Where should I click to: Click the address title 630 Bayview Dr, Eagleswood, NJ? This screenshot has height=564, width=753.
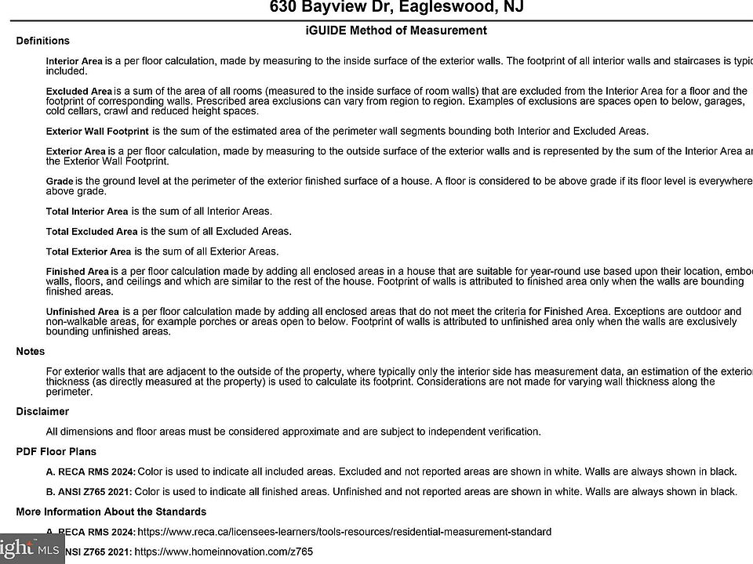(x=396, y=8)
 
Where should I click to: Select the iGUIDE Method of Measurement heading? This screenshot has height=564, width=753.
(x=396, y=31)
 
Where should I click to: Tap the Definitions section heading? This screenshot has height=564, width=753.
(x=42, y=41)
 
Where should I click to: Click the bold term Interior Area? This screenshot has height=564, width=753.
(x=75, y=61)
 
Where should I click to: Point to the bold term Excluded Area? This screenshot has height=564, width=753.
(x=78, y=92)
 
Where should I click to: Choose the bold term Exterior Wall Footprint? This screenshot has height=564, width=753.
(x=97, y=132)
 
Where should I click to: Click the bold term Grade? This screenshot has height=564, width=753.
(x=60, y=182)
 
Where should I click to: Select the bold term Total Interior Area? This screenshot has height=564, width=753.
(x=87, y=211)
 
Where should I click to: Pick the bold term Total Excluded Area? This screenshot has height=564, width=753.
(x=92, y=232)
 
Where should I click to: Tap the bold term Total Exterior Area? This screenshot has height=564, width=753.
(x=89, y=252)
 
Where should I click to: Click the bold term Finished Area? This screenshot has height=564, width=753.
(x=77, y=272)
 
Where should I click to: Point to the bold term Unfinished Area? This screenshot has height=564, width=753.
(x=82, y=312)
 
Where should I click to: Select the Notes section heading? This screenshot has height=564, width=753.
(x=31, y=352)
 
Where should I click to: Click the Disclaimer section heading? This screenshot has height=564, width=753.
(x=42, y=411)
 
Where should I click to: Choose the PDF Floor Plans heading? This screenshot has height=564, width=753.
(x=56, y=452)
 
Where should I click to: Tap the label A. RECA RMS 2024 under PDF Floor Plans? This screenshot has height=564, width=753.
(x=91, y=472)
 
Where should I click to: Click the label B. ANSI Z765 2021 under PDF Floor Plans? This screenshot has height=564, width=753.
(x=90, y=492)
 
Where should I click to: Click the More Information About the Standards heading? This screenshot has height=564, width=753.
(x=111, y=512)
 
